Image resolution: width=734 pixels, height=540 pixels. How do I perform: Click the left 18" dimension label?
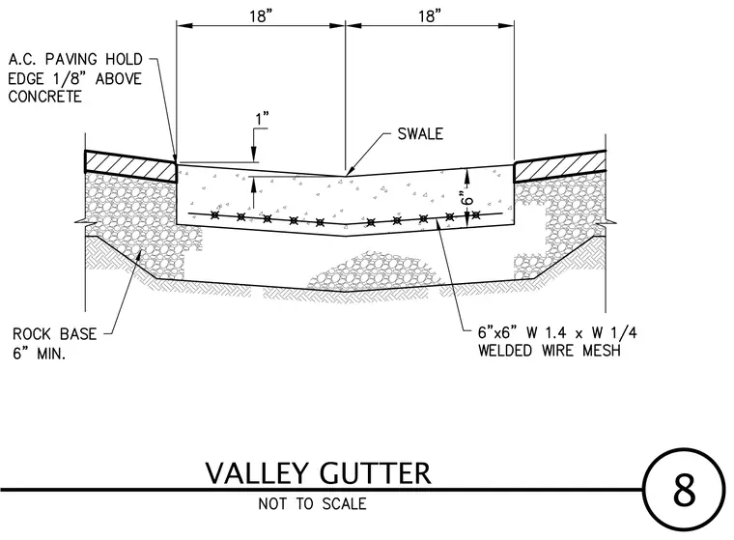(260, 15)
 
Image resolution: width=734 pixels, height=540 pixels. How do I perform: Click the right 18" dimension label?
(430, 15)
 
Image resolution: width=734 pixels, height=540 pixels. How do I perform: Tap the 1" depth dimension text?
(262, 119)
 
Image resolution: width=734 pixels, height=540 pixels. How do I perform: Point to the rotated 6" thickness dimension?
(467, 198)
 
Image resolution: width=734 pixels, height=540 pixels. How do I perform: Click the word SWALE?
(420, 134)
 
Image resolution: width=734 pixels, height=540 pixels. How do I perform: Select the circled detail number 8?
(684, 490)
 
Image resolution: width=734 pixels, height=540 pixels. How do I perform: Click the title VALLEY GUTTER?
(319, 473)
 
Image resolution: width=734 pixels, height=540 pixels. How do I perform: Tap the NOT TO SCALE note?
(312, 503)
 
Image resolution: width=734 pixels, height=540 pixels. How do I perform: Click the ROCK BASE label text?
(54, 334)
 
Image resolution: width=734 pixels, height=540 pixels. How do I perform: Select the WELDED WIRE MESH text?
(549, 351)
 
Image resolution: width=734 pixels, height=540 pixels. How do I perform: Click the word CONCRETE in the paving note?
(45, 97)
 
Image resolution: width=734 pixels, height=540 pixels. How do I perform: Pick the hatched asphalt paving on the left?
(130, 166)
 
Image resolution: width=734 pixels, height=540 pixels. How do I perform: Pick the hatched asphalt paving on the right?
(560, 166)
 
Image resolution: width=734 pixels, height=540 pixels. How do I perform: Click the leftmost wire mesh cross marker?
(214, 215)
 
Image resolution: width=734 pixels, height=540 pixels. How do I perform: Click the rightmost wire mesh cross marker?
(476, 215)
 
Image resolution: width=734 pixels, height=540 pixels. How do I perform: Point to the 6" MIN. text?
(39, 354)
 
